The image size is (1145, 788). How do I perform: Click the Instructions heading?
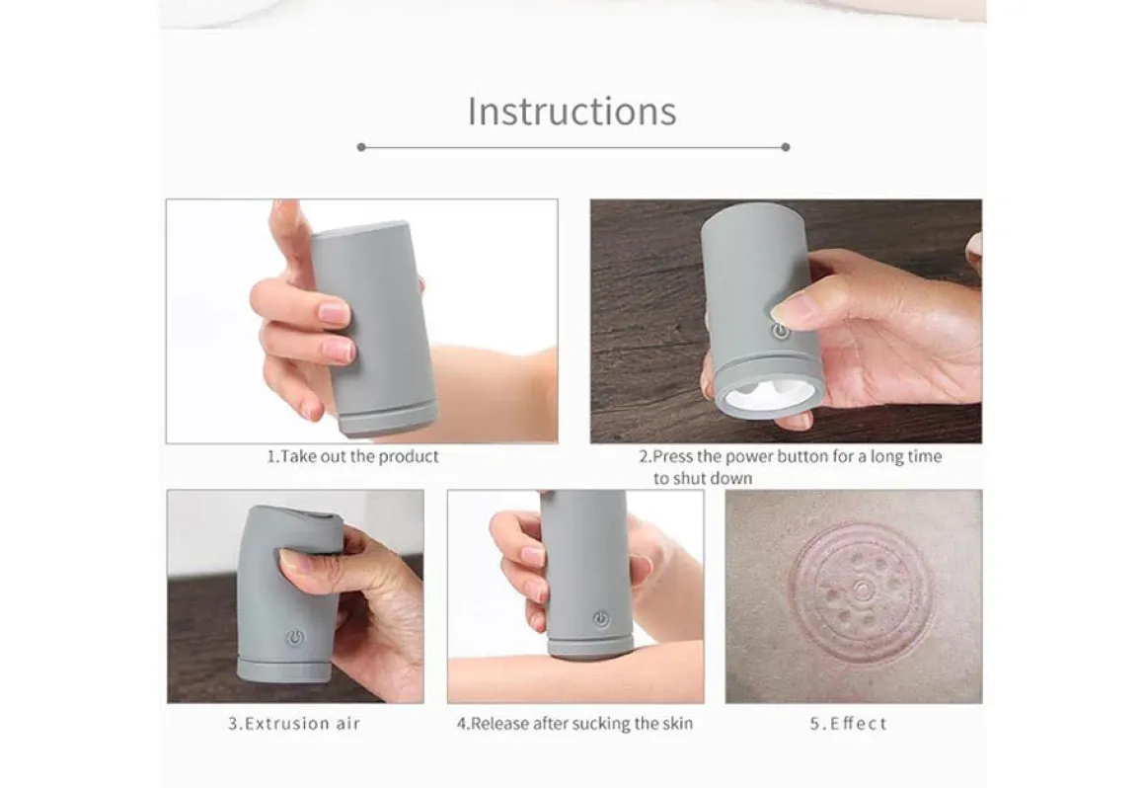pyautogui.click(x=572, y=112)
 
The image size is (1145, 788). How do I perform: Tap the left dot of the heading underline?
pyautogui.click(x=361, y=147)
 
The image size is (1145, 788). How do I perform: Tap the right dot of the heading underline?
pyautogui.click(x=786, y=147)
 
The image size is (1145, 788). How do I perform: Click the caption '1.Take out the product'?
pyautogui.click(x=352, y=457)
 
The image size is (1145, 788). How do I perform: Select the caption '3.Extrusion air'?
pyautogui.click(x=294, y=724)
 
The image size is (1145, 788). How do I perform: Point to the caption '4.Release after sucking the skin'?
pyautogui.click(x=574, y=724)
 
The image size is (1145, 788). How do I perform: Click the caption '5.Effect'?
pyautogui.click(x=849, y=724)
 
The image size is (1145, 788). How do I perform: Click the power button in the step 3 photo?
pyautogui.click(x=295, y=638)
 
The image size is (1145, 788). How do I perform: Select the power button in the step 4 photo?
pyautogui.click(x=601, y=619)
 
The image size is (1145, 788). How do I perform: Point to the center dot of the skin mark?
pyautogui.click(x=863, y=589)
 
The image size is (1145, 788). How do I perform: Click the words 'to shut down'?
pyautogui.click(x=703, y=479)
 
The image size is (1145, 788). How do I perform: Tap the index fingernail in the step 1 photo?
pyautogui.click(x=336, y=313)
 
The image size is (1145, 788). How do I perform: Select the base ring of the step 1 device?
pyautogui.click(x=389, y=419)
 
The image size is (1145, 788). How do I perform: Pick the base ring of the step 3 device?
pyautogui.click(x=284, y=670)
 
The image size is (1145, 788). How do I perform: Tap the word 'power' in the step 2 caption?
pyautogui.click(x=736, y=457)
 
